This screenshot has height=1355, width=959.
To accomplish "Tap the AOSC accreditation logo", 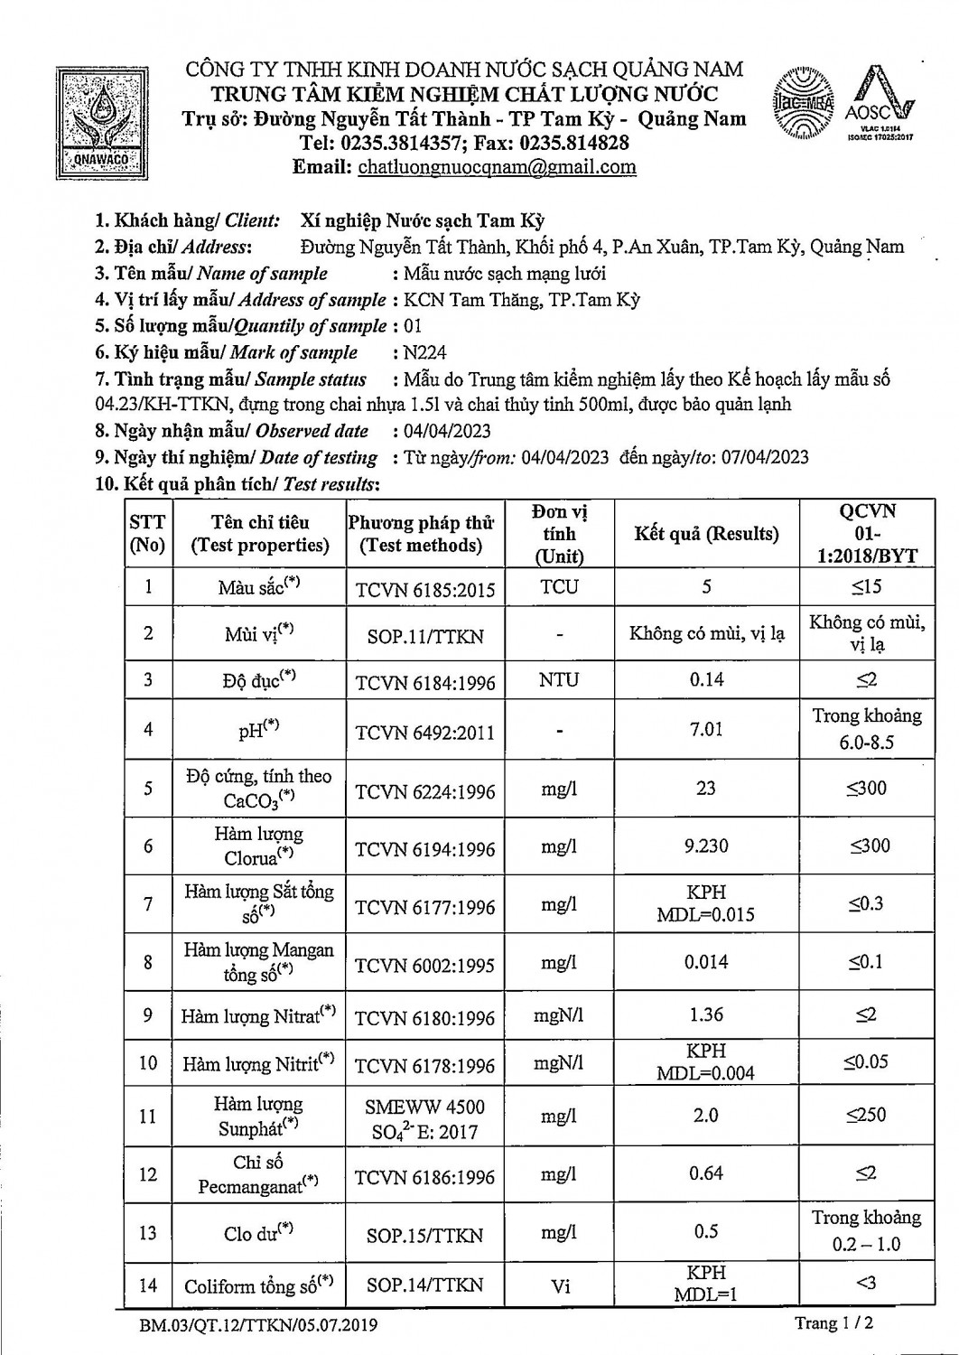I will (x=880, y=104).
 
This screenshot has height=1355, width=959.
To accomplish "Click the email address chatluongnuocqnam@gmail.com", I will (x=497, y=166).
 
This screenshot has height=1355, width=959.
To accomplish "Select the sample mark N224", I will (x=426, y=352).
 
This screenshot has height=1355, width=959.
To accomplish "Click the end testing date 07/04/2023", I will (x=761, y=457).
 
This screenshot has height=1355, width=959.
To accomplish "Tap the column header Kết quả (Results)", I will (x=706, y=534).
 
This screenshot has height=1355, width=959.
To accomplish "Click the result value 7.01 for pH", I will (x=706, y=728).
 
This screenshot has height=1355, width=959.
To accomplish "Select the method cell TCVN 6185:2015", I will (x=425, y=590).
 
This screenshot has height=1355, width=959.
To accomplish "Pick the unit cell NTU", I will (x=558, y=679).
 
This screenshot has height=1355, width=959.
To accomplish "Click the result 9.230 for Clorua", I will (x=706, y=846).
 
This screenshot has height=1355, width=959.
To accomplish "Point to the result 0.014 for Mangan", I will (x=706, y=961).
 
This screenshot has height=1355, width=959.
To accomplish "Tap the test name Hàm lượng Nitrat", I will (x=258, y=1016).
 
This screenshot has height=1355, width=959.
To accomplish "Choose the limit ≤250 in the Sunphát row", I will (x=866, y=1115).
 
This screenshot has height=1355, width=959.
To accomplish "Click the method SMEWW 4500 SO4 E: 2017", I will (x=424, y=1118).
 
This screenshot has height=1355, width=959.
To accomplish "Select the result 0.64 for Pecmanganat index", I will (x=706, y=1173).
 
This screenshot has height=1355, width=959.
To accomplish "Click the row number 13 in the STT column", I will (x=148, y=1232).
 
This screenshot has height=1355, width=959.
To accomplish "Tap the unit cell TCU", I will (x=559, y=586).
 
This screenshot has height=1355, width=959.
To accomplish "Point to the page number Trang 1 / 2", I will (x=833, y=1323).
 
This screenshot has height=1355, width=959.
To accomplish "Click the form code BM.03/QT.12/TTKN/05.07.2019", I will (x=258, y=1325).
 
